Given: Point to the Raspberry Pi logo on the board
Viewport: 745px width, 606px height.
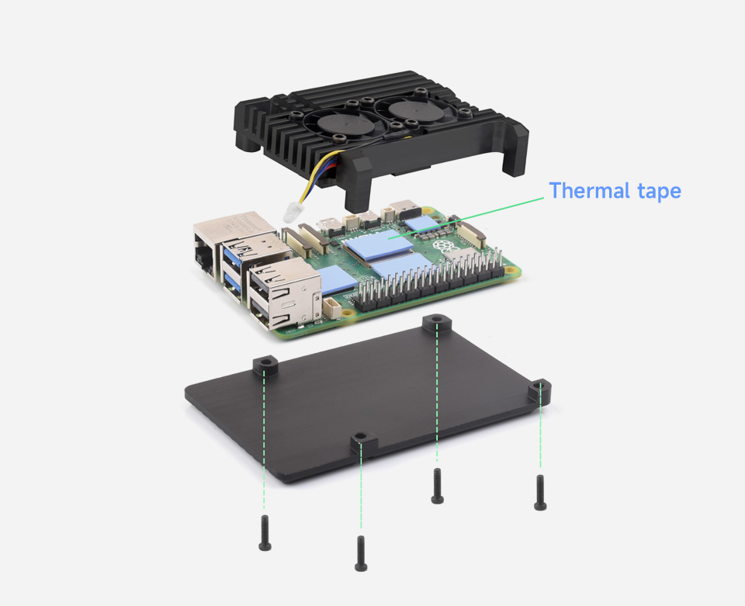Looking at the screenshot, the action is tap(442, 247).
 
